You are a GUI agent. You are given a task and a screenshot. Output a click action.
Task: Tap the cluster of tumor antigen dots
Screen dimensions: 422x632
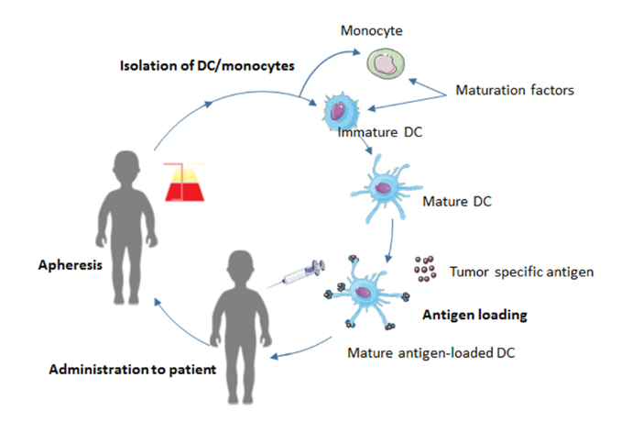point(425,270)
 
